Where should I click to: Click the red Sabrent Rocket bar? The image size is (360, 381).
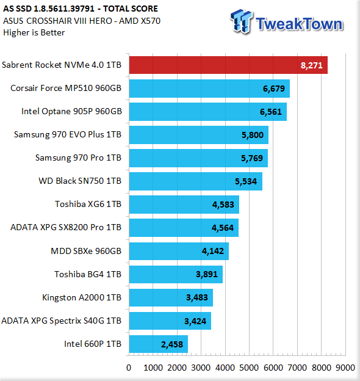tap(228, 65)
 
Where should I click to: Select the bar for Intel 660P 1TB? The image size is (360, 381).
tap(158, 344)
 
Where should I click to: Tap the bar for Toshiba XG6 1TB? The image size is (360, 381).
tap(184, 205)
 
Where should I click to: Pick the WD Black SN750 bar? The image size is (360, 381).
tap(196, 181)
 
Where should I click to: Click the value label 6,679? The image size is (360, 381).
tap(274, 89)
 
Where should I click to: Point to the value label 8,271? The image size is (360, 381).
tap(312, 65)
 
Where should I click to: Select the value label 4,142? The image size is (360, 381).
tap(213, 251)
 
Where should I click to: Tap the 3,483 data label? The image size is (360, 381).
tap(197, 297)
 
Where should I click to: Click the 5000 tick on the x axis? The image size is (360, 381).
tap(249, 368)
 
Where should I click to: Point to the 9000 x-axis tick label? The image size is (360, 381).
tap(345, 368)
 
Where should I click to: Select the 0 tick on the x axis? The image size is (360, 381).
tap(129, 368)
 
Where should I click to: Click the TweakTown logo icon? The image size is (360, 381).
tap(241, 21)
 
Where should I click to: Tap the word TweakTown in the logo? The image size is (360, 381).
tap(300, 24)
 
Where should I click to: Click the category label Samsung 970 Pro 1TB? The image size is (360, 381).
tap(78, 158)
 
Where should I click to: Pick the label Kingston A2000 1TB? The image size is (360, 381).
tap(82, 298)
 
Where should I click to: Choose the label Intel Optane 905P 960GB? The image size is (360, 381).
tap(71, 111)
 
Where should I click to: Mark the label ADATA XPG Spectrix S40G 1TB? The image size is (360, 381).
tap(61, 321)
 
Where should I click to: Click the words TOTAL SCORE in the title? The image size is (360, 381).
tap(131, 9)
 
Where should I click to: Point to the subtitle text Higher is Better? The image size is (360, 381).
tap(34, 32)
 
